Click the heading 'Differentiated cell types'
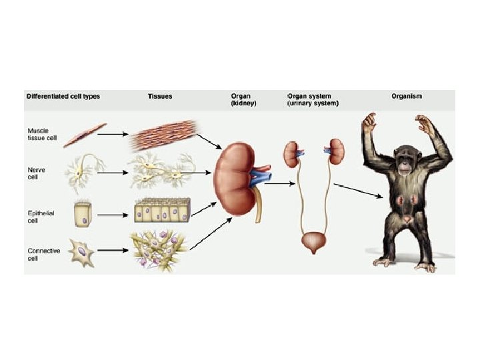pos(63,96)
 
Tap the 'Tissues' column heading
pos(159,96)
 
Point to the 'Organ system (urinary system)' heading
pos(313,100)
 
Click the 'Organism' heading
pos(407,96)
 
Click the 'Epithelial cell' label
pos(41,216)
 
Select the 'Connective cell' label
pos(43,254)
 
